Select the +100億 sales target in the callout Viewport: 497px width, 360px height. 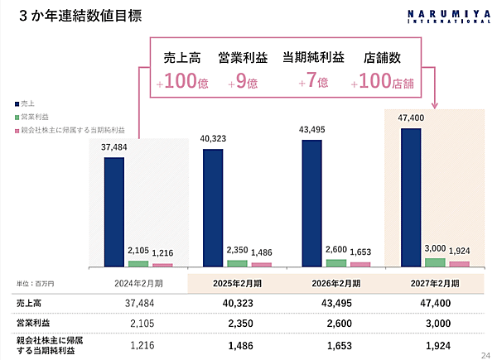tap(181, 82)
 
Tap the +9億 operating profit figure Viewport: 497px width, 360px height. tap(241, 82)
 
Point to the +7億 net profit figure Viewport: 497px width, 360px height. tap(312, 82)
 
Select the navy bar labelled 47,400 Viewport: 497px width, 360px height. tap(411, 197)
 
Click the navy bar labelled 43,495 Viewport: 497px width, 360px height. tap(312, 203)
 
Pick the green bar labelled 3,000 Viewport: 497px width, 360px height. tap(434, 262)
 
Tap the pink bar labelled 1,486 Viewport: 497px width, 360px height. tap(262, 265)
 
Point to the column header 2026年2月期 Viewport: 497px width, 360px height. tap(337, 283)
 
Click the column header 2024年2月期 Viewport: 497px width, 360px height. tap(139, 283)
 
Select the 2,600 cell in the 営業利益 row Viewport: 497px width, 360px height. tap(337, 321)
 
